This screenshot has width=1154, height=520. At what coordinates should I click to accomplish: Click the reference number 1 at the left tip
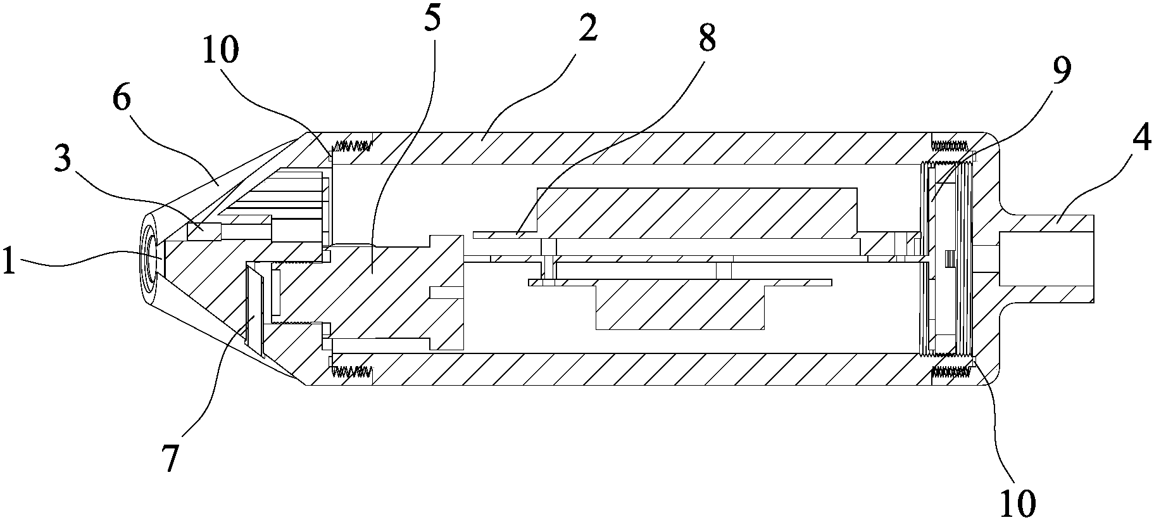pyautogui.click(x=9, y=262)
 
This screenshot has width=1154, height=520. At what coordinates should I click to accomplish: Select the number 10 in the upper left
pyautogui.click(x=221, y=50)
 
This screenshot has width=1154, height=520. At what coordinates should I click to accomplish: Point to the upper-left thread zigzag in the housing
pyautogui.click(x=352, y=145)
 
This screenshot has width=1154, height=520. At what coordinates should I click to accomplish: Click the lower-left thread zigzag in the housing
pyautogui.click(x=352, y=372)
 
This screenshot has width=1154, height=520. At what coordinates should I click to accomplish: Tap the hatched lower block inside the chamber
pyautogui.click(x=680, y=307)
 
